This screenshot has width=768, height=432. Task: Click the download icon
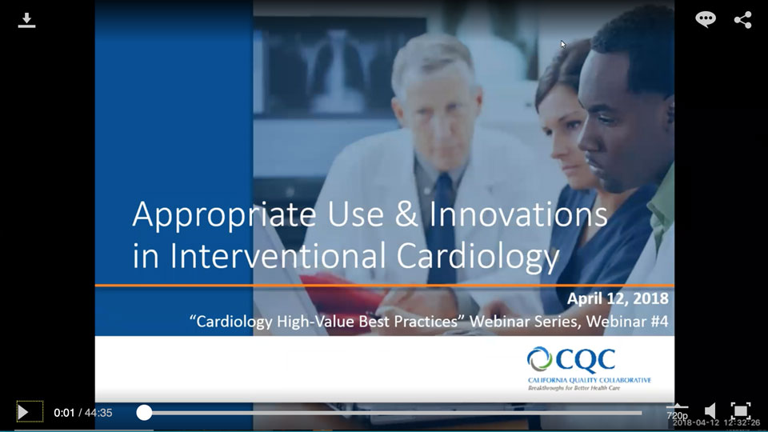pos(26,20)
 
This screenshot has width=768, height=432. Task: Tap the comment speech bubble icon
pos(706,20)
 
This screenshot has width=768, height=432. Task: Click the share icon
pos(742,20)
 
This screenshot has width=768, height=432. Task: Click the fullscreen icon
pos(741,411)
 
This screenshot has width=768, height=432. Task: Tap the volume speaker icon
pos(710,411)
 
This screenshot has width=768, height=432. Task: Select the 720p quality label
pos(677,415)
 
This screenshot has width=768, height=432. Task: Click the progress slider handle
pos(144,413)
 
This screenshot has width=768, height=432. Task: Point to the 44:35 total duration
pos(98,413)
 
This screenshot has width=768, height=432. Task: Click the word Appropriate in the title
pos(207,216)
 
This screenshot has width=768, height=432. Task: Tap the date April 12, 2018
pos(618,299)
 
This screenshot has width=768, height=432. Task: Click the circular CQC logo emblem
pos(540,359)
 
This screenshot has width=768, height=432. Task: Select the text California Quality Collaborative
pos(589,379)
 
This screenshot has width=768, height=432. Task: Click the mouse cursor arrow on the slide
pos(563,45)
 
